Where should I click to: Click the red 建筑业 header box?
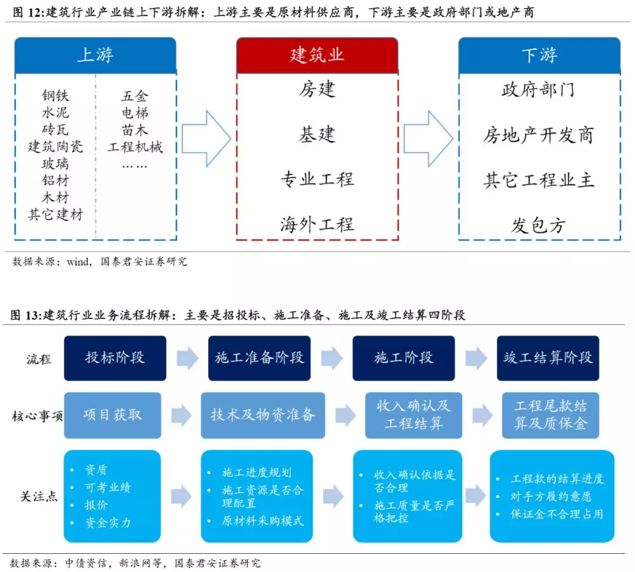pyautogui.click(x=317, y=55)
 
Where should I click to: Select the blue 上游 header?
pyautogui.click(x=95, y=55)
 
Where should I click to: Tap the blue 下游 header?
pyautogui.click(x=539, y=55)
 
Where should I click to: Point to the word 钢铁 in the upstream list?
pyautogui.click(x=55, y=96)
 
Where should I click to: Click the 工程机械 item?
pyautogui.click(x=135, y=147)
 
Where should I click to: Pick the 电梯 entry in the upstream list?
pyautogui.click(x=135, y=113)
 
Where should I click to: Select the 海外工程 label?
pyautogui.click(x=317, y=224)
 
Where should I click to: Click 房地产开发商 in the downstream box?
pyautogui.click(x=539, y=136)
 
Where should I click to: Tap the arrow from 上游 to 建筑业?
pyautogui.click(x=206, y=138)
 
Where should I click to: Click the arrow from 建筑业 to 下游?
pyautogui.click(x=428, y=138)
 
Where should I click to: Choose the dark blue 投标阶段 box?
pyautogui.click(x=115, y=358)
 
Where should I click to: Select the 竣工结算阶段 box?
pyautogui.click(x=548, y=358)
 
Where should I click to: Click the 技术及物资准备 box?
pyautogui.click(x=263, y=415)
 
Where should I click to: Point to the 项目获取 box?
pyautogui.click(x=112, y=415)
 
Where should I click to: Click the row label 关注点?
pyautogui.click(x=39, y=496)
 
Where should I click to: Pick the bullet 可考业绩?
pyautogui.click(x=108, y=487)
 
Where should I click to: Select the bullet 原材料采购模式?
pyautogui.click(x=262, y=520)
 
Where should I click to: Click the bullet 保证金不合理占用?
pyautogui.click(x=557, y=514)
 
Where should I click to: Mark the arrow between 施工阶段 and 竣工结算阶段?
pyautogui.click(x=476, y=358)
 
